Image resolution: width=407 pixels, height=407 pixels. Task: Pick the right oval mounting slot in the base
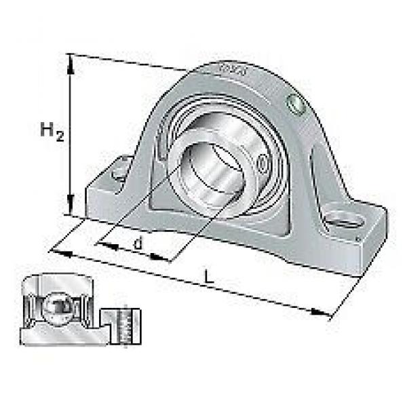click(x=344, y=220)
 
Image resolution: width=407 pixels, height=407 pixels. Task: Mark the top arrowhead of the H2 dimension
click(x=71, y=60)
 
